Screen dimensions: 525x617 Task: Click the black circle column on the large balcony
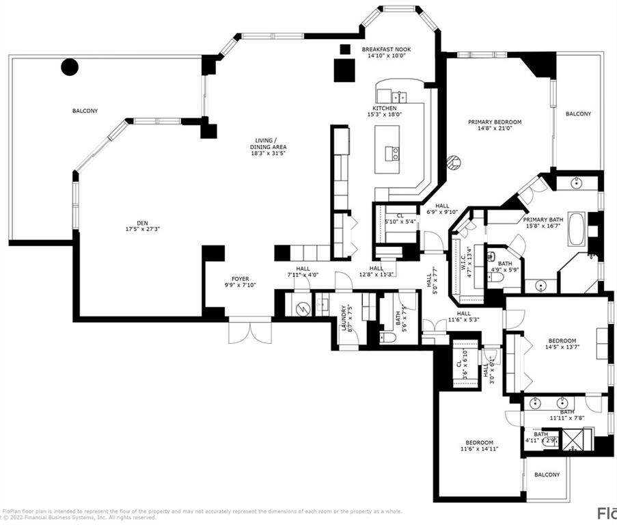coord(70,66)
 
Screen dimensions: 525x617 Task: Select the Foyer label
coord(240,279)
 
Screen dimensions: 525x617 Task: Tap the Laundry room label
coord(344,318)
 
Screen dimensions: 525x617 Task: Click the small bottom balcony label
coord(547,474)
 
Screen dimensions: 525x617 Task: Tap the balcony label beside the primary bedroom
coord(578,113)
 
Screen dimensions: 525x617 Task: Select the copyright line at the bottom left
coord(79,518)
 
